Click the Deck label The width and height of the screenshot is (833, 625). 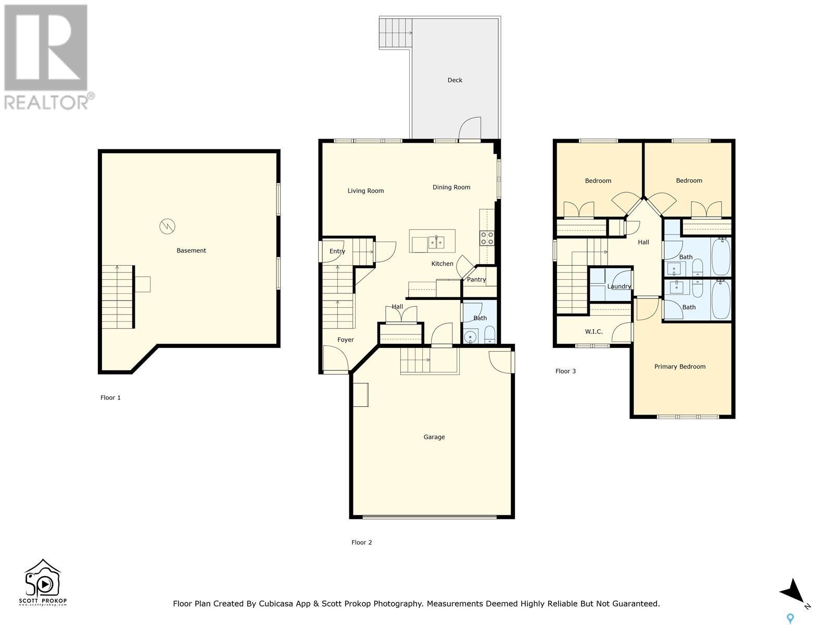(x=455, y=80)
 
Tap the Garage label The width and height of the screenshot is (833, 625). (x=434, y=437)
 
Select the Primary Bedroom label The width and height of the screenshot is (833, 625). (x=680, y=367)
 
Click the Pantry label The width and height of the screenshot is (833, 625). (x=476, y=279)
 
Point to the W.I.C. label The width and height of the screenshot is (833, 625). (x=594, y=332)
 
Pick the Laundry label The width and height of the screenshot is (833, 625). (x=619, y=286)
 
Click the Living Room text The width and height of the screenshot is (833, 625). (x=365, y=191)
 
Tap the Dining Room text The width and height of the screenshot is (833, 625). (x=451, y=187)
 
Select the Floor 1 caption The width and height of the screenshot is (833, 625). (x=110, y=398)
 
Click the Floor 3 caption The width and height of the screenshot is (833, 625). (x=565, y=371)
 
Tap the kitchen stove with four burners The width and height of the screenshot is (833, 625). (x=487, y=239)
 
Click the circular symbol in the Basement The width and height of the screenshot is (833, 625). (x=167, y=227)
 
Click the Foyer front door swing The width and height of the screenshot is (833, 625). (x=335, y=358)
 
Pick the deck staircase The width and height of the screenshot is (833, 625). (x=396, y=33)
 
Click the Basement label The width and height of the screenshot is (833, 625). (x=191, y=251)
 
